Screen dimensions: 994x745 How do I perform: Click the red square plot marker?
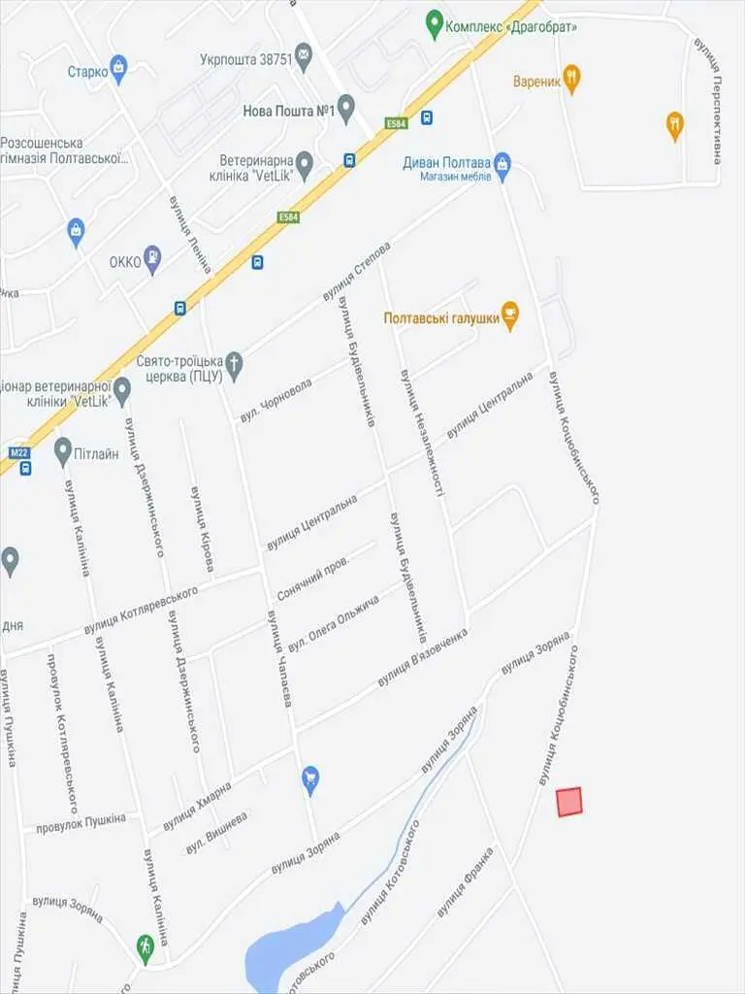[569, 802]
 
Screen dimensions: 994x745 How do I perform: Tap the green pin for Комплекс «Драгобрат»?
[434, 25]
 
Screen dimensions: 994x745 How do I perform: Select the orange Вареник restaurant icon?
[572, 80]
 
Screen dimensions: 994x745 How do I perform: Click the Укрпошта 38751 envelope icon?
[304, 55]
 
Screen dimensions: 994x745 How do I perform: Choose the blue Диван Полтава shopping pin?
[502, 163]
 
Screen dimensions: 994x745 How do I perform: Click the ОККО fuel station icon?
[152, 258]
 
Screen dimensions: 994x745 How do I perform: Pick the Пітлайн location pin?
[63, 449]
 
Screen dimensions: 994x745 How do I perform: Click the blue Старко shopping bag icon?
[118, 68]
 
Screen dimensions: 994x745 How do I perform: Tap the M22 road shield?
[18, 452]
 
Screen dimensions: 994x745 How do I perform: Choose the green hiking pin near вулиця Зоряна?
[146, 946]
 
